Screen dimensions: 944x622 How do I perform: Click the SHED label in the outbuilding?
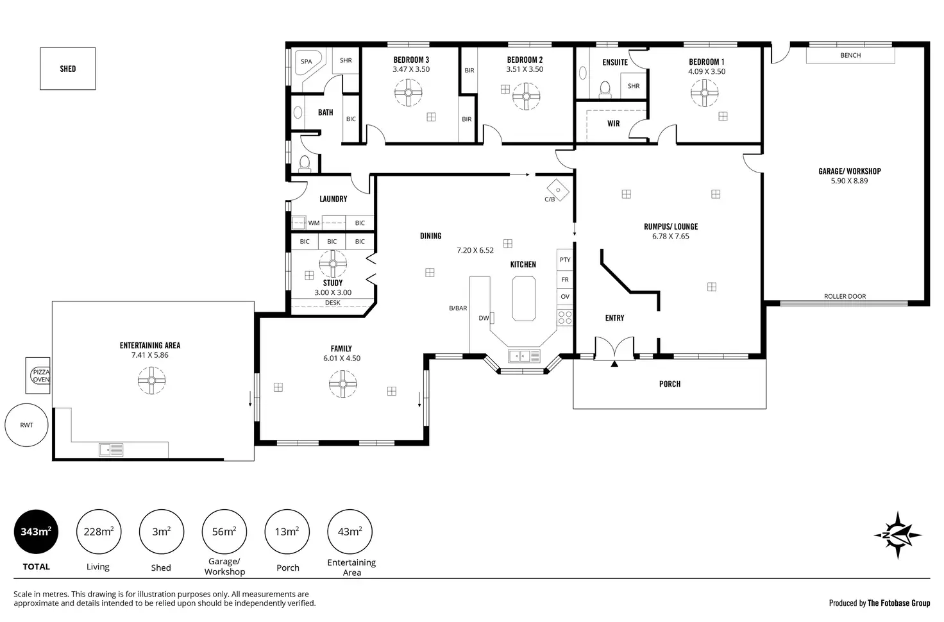(x=68, y=69)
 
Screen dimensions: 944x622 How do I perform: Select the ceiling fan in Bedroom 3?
(x=409, y=93)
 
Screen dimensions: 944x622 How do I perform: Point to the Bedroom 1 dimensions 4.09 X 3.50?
(x=707, y=72)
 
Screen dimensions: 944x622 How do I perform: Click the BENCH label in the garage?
(x=850, y=55)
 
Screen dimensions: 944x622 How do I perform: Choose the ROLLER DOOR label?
(x=845, y=296)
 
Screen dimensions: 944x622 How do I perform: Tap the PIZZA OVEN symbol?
(x=40, y=376)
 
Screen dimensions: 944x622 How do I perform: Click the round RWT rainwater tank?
(x=26, y=424)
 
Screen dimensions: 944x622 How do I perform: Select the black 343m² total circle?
(x=37, y=532)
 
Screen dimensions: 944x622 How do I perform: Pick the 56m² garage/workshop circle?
(x=224, y=532)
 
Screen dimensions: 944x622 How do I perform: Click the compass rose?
(x=897, y=535)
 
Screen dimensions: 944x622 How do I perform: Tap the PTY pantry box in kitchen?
(x=565, y=260)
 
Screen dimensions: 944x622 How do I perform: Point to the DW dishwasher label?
(x=484, y=318)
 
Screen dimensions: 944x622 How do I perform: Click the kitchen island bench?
(x=524, y=298)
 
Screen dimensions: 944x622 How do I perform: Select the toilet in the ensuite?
(x=605, y=89)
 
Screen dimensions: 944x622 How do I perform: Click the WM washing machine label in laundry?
(x=314, y=223)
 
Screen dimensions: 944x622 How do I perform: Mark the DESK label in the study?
(x=332, y=303)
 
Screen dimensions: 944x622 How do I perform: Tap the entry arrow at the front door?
(x=614, y=364)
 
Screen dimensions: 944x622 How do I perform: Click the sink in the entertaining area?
(x=111, y=450)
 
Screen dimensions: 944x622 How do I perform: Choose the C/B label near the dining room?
(x=550, y=199)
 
